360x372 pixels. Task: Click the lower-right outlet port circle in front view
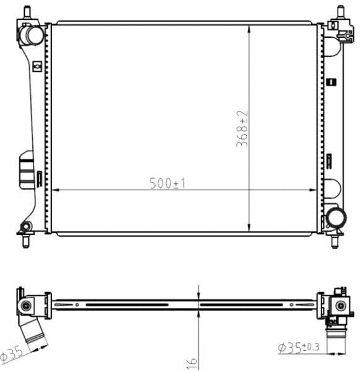coord(337,218)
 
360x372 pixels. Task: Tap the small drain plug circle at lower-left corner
coord(26,226)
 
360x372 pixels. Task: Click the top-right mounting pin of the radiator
coord(340,11)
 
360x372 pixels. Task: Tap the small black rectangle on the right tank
coord(333,81)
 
